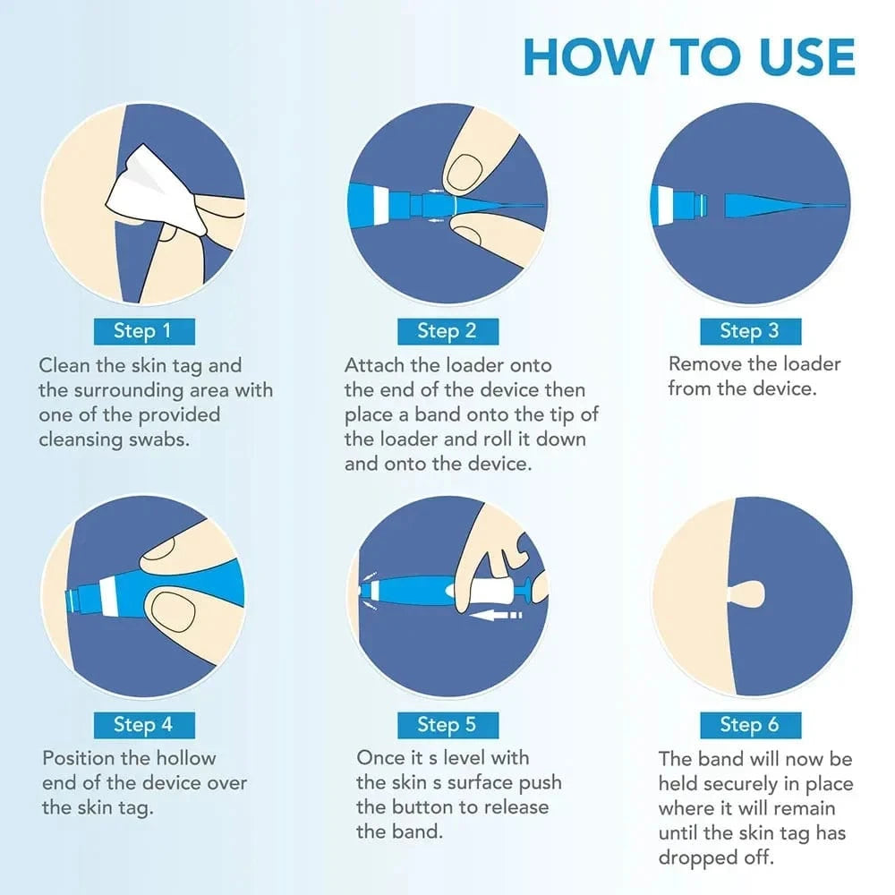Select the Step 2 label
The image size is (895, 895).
(447, 331)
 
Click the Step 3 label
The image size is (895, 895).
(749, 331)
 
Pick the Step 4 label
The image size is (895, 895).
(143, 724)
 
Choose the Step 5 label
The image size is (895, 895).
(447, 724)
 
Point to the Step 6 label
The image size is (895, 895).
(749, 724)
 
